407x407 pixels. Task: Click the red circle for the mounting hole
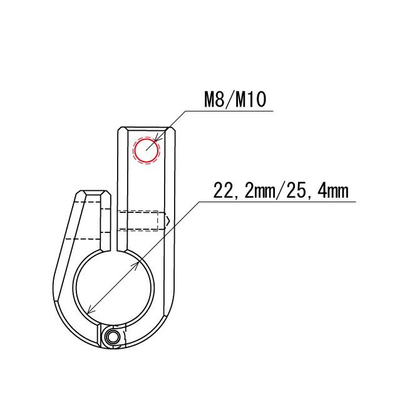pyautogui.click(x=146, y=138)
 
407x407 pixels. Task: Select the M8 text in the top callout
pyautogui.click(x=214, y=100)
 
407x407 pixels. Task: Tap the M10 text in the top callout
pyautogui.click(x=250, y=100)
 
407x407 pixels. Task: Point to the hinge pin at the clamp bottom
pyautogui.click(x=112, y=337)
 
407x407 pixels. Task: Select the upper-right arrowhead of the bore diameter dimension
pyautogui.click(x=136, y=265)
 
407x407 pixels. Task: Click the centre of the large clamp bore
pyautogui.click(x=114, y=287)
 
